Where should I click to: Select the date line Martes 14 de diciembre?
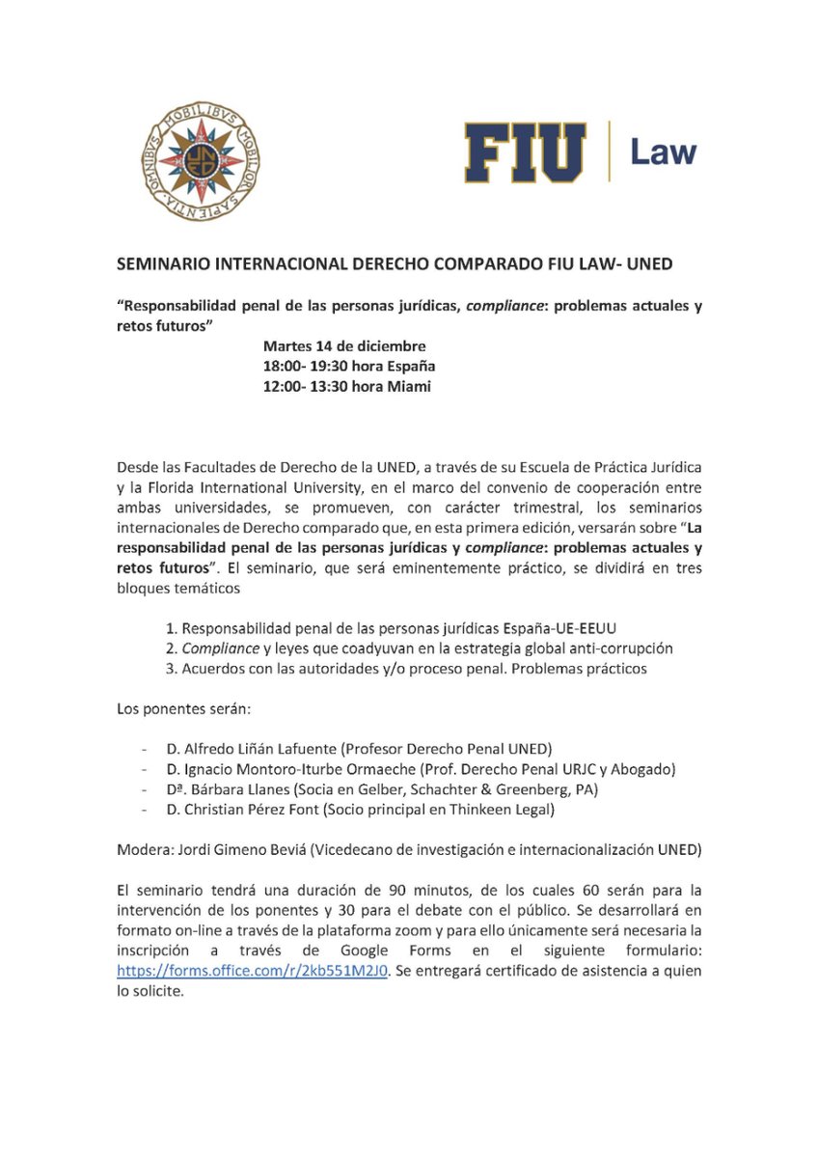point(344,346)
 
